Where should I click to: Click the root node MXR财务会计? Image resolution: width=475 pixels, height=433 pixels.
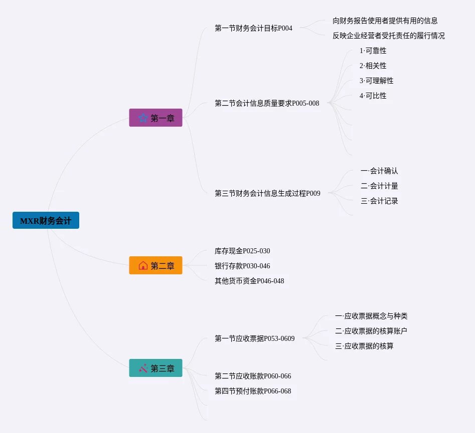(46, 220)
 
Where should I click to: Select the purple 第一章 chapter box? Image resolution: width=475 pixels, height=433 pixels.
(155, 118)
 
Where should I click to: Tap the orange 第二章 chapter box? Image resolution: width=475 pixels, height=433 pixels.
(155, 265)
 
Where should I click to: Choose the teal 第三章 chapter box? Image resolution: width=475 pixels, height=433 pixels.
(155, 368)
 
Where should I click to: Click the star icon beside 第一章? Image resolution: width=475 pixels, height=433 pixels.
(143, 118)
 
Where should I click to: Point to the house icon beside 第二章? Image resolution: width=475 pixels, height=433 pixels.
(143, 265)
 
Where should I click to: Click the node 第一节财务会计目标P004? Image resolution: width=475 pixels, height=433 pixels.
(253, 28)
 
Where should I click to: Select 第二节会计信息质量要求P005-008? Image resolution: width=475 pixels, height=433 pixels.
(267, 103)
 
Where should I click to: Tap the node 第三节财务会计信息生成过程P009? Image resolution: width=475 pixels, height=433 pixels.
(267, 193)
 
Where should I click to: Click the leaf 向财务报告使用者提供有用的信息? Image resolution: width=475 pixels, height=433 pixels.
(385, 21)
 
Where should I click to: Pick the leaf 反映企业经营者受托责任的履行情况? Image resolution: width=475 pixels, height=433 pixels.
(388, 36)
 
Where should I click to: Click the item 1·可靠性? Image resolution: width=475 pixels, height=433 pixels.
(373, 51)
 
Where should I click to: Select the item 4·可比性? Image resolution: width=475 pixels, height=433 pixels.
(373, 96)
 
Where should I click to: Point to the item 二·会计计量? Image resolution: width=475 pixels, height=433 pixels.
(379, 186)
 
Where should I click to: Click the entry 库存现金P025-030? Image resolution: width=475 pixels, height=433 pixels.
(242, 251)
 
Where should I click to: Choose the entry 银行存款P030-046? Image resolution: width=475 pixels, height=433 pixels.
(242, 266)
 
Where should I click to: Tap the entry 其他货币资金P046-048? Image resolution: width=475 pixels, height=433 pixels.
(249, 281)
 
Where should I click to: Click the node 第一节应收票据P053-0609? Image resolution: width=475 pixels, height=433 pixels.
(255, 338)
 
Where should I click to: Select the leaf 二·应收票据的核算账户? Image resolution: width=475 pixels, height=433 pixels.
(371, 331)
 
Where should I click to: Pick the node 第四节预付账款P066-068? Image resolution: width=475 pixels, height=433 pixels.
(253, 391)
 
